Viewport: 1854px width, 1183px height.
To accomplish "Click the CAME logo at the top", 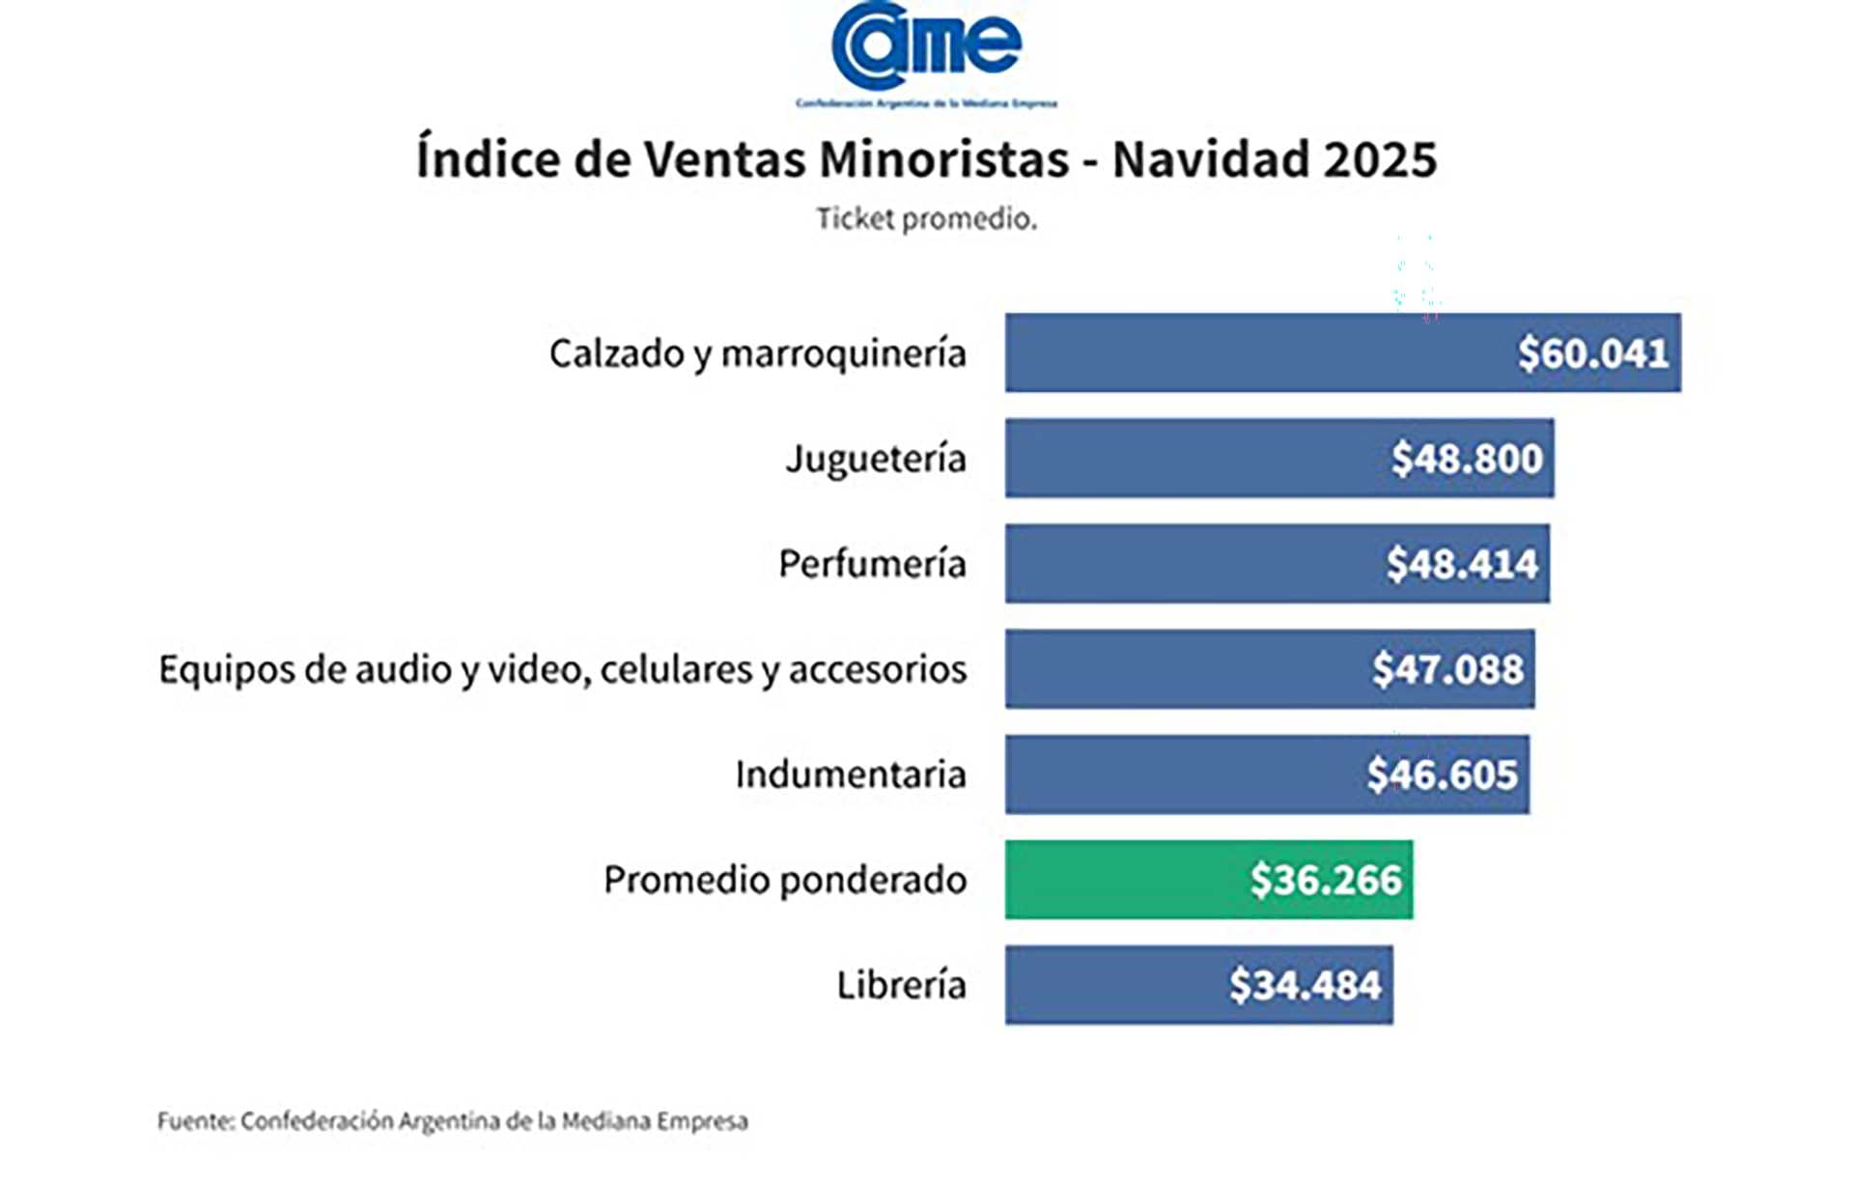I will coord(926,48).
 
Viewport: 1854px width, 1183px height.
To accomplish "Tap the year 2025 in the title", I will coord(1380,159).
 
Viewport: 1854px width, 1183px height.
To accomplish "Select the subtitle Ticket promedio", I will coord(926,219).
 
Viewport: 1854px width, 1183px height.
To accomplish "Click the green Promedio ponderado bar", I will coord(1120,880).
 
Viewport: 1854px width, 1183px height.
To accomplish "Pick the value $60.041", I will coord(1592,353).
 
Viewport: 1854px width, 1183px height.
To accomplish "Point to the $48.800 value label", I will coord(1466,459).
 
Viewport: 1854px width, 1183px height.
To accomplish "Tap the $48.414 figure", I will coord(1461,564).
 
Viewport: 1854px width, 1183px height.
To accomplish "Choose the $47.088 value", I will coord(1447,669).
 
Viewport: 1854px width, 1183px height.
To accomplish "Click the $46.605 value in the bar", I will coord(1442,775).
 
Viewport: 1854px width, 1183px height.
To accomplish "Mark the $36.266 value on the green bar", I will coord(1325,880).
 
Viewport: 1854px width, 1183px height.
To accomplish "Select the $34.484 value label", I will coord(1305,985).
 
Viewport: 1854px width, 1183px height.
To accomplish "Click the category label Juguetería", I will coord(875,459).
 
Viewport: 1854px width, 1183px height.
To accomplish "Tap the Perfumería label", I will coord(871,564).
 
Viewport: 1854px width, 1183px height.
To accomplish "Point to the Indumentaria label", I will coord(850,775).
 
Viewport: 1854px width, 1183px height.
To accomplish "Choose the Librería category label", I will coord(900,985).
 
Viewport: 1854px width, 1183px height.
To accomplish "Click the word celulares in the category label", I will coord(675,669).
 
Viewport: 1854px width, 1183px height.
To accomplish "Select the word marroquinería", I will coord(843,354).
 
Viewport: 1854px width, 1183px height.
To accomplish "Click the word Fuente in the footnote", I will coord(194,1121).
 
